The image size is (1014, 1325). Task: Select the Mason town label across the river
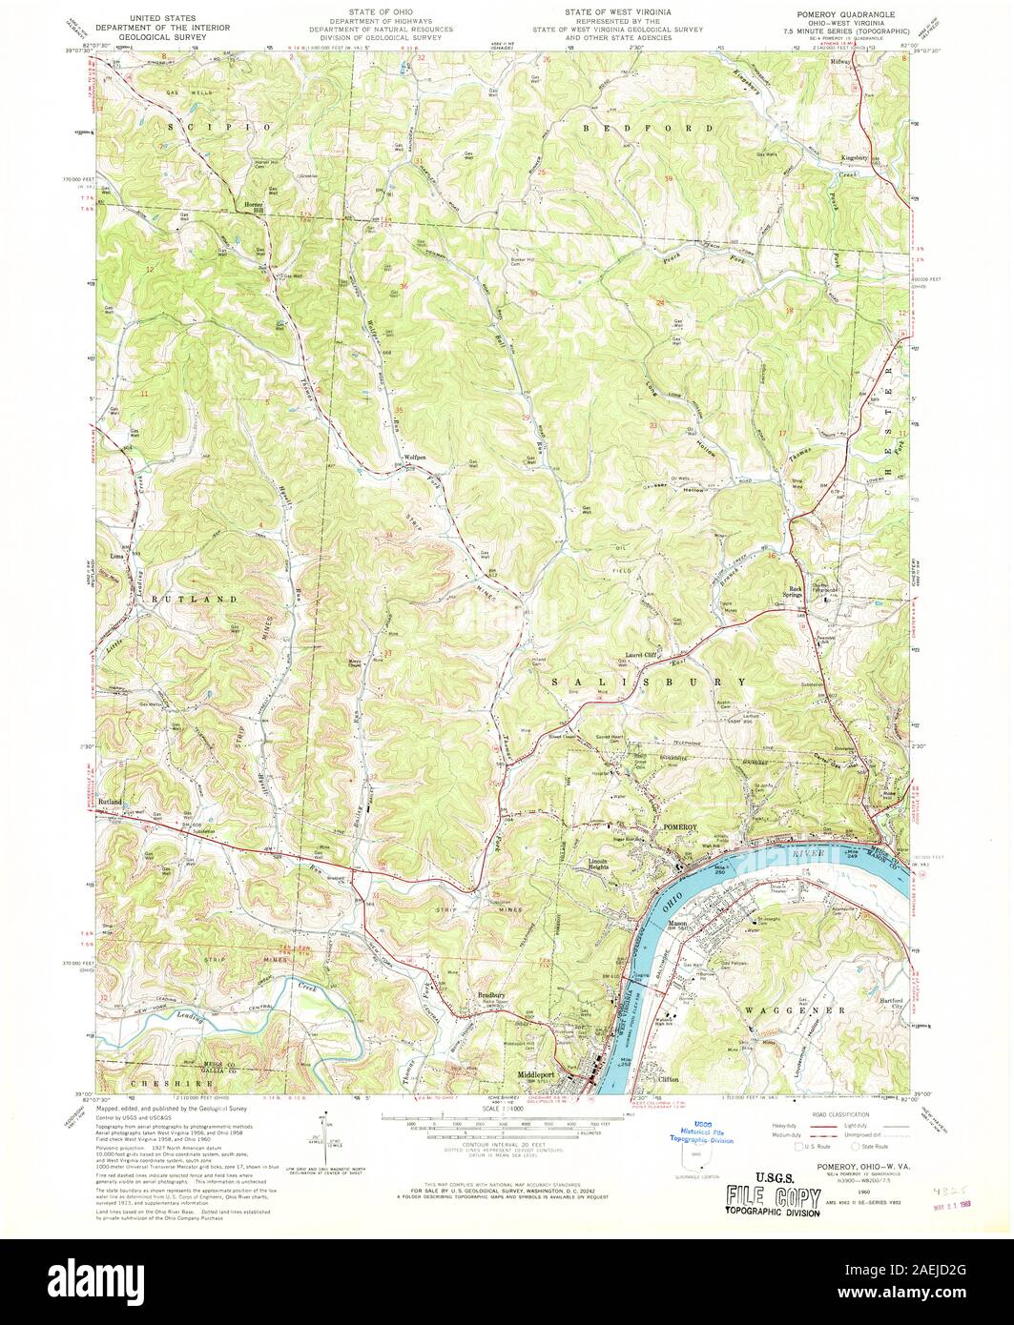point(677,923)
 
